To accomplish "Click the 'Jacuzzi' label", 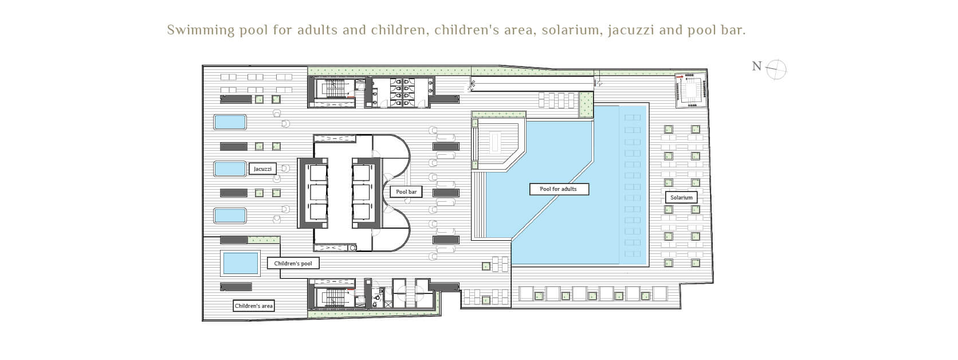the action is pos(262,169).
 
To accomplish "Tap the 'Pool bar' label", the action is pos(406,192).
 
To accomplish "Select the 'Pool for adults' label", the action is pos(559,189).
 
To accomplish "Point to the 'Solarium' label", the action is pos(681,197).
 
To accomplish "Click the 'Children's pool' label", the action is pos(293,263).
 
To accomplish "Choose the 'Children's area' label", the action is pos(254,306).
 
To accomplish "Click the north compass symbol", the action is pos(776,69).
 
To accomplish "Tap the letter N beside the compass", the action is pos(757,66).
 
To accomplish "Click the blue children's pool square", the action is pos(241,263).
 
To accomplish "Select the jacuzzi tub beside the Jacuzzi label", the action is pos(230,169).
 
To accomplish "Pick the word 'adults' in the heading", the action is pos(317,30).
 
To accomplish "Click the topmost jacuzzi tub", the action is pos(230,122).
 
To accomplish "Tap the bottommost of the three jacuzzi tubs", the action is pos(230,216).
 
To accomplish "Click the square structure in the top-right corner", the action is pos(690,91).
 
